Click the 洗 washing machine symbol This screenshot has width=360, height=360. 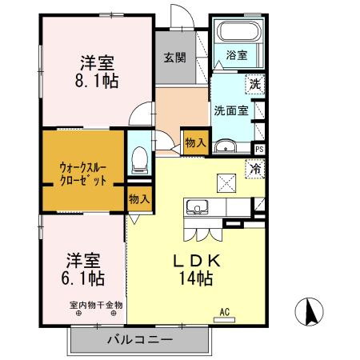(x=254, y=83)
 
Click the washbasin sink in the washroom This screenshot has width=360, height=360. (x=225, y=145)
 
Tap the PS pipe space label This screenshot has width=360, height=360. (x=259, y=148)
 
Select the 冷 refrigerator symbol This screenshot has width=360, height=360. (x=255, y=169)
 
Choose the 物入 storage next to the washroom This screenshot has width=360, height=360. (x=195, y=142)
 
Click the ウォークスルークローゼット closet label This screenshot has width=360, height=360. (x=82, y=174)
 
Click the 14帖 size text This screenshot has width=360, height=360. (x=197, y=279)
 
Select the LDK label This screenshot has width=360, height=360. (x=197, y=261)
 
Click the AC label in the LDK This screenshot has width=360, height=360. (x=225, y=312)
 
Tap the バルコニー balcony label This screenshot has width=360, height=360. (x=140, y=340)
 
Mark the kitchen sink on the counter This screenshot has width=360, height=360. (x=196, y=208)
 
